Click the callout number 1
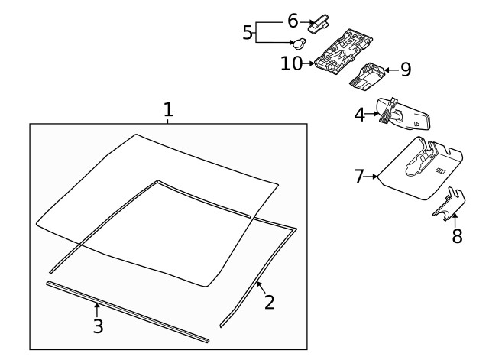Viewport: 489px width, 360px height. click(x=168, y=110)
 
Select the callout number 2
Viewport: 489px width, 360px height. click(x=269, y=302)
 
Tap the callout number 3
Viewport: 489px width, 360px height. click(x=97, y=326)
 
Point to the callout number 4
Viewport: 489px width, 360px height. click(x=360, y=115)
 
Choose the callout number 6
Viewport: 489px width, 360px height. click(x=292, y=21)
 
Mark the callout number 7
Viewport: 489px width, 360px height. click(x=360, y=177)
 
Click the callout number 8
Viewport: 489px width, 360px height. click(x=457, y=236)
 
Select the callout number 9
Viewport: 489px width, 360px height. click(x=405, y=70)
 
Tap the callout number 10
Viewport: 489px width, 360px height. click(x=292, y=63)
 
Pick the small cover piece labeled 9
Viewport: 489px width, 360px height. click(x=369, y=73)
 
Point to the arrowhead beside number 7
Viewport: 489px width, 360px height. click(x=376, y=177)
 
